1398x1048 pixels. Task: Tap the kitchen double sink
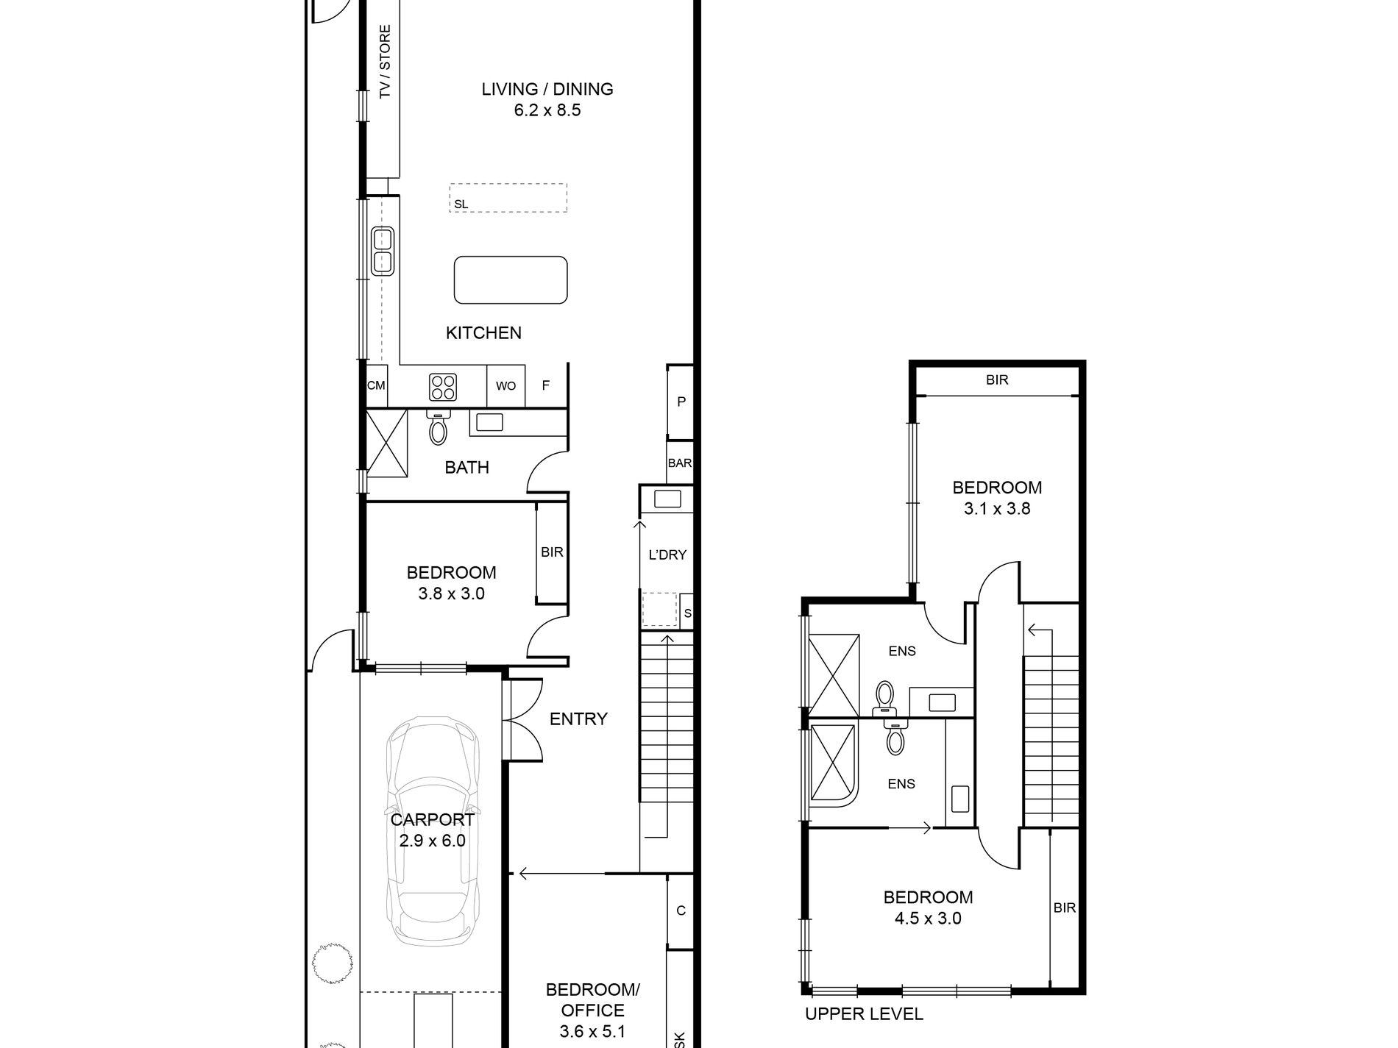tap(383, 252)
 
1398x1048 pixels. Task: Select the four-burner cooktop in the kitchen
tap(443, 387)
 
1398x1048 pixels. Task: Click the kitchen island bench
tap(511, 279)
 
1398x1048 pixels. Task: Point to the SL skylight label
tap(461, 204)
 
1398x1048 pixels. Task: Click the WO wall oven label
tap(505, 385)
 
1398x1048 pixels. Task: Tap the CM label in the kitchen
tap(376, 385)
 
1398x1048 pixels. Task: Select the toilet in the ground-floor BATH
tap(438, 427)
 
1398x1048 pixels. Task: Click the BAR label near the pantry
tap(680, 463)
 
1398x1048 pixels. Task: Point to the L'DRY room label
tap(667, 555)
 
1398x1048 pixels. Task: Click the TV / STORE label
tap(385, 62)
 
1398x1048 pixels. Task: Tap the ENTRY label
tap(578, 719)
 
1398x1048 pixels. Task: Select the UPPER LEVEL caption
tap(864, 1014)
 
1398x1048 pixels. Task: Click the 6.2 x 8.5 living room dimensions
tap(547, 110)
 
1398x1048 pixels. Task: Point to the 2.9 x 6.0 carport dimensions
tap(433, 841)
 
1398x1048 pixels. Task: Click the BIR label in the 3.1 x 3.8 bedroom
tap(997, 379)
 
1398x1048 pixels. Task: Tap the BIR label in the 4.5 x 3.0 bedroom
tap(1065, 908)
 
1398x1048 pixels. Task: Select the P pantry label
tap(681, 402)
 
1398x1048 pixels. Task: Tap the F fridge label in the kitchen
tap(546, 385)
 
